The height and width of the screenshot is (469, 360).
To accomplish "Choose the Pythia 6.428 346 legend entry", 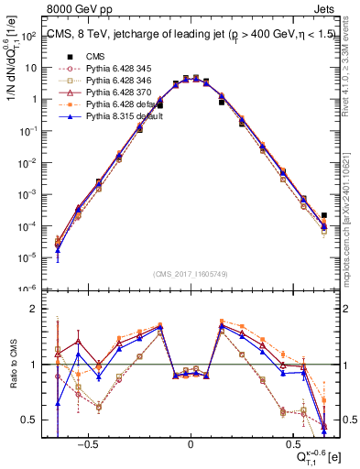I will click(x=108, y=81).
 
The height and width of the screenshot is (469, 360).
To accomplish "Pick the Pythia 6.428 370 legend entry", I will click(x=108, y=93).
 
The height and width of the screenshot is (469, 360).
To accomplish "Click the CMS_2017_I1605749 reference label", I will click(x=191, y=275).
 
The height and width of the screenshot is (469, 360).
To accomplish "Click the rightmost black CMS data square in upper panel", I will click(x=324, y=216).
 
